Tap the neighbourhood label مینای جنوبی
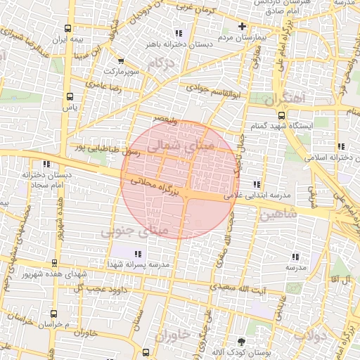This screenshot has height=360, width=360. pos(134,230)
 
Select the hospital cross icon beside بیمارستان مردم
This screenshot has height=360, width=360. pos(242,25)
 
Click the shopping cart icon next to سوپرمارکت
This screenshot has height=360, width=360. pos(121,61)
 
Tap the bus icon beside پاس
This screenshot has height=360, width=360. pos(69,97)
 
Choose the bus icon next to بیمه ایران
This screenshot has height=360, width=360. pos(67,30)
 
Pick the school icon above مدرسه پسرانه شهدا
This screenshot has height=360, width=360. pos(137,253)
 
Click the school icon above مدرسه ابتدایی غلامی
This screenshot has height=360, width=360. pos(264,184)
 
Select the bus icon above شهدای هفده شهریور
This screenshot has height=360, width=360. pos(54,264)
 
